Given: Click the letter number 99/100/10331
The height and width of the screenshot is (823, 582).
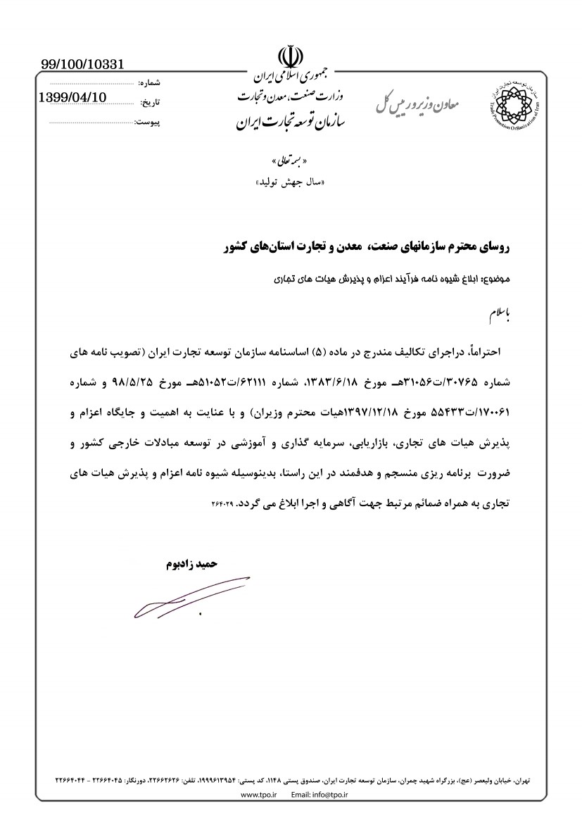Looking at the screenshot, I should (x=82, y=65).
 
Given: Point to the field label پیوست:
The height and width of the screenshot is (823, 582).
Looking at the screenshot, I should (x=147, y=122).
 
